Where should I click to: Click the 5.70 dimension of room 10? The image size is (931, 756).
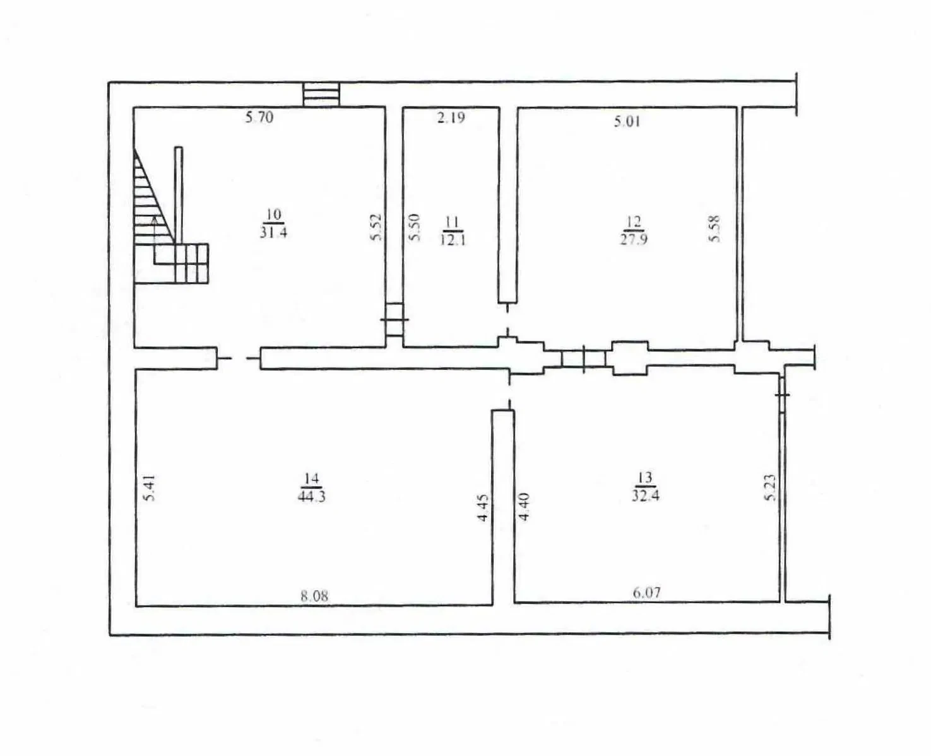[259, 117]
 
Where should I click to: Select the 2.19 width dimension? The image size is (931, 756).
[451, 117]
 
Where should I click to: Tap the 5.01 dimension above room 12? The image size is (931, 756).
[627, 121]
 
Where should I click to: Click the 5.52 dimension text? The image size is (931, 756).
[376, 226]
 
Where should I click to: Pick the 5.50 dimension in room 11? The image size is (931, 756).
[413, 226]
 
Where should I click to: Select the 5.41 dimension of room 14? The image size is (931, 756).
[150, 487]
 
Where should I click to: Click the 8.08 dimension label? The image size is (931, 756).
[314, 596]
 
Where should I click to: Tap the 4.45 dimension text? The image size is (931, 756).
[483, 508]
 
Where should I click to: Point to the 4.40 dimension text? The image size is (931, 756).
[524, 506]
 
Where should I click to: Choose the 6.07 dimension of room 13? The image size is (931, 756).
[647, 592]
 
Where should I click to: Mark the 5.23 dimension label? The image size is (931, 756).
[771, 487]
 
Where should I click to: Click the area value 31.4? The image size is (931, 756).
[273, 232]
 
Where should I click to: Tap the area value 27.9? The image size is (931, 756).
[634, 240]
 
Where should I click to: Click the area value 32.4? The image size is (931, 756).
[646, 496]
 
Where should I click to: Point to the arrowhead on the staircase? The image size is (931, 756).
[154, 220]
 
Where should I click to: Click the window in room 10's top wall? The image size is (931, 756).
[322, 94]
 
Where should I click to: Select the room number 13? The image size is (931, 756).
[646, 477]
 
